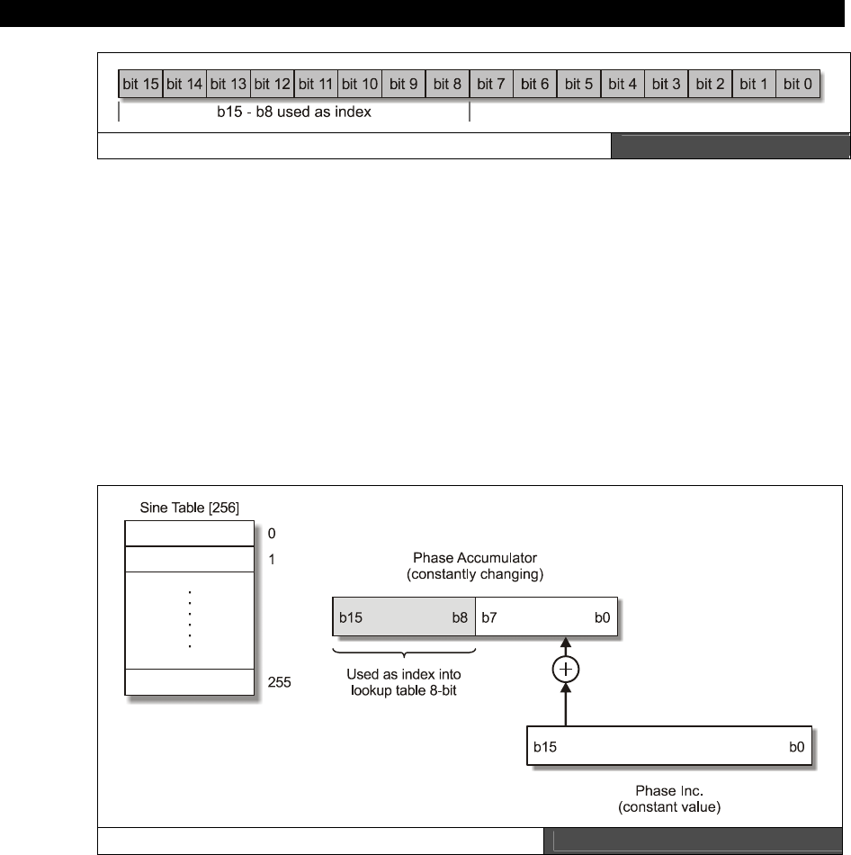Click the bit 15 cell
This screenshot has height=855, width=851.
click(x=140, y=85)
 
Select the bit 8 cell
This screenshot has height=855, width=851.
click(x=447, y=85)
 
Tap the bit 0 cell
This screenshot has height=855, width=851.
click(x=797, y=85)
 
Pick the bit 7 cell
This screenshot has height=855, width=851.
click(x=491, y=85)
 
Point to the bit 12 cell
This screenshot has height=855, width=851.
click(x=272, y=85)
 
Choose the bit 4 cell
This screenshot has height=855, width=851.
click(x=623, y=85)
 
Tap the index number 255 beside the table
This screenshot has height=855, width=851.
click(x=280, y=682)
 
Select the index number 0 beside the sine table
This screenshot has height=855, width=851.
click(x=272, y=534)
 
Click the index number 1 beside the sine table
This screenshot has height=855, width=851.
click(x=272, y=559)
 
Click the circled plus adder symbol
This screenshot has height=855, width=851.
click(x=566, y=669)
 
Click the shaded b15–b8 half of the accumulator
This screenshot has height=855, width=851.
click(x=403, y=618)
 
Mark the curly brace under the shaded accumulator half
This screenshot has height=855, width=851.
click(x=403, y=650)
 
